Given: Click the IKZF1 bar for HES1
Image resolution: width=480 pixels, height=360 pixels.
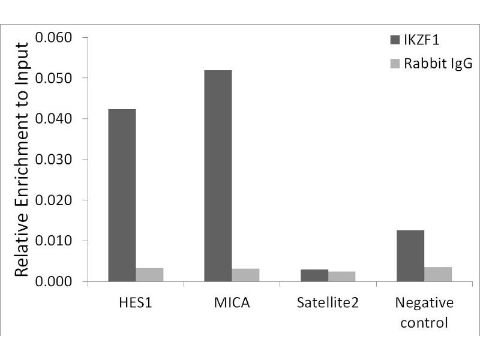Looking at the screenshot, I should click(x=122, y=195).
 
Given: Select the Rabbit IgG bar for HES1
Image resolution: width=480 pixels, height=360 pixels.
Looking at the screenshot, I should click(x=149, y=275).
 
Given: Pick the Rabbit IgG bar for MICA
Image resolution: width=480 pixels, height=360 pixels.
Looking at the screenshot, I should click(x=245, y=275).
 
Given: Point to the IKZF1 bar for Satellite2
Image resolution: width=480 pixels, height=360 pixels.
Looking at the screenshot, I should click(x=314, y=275).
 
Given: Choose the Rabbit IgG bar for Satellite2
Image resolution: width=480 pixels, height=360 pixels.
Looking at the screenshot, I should click(x=341, y=276).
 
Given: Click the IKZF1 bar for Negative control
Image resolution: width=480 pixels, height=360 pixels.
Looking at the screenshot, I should click(x=410, y=256).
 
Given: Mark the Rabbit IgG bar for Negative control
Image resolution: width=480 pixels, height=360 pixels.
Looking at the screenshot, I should click(x=437, y=274).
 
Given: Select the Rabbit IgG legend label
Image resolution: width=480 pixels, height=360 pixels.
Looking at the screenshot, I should click(x=438, y=63).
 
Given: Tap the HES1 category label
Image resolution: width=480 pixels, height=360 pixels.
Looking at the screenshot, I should click(x=136, y=302).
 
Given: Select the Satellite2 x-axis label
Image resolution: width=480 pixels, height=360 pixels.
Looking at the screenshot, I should click(x=328, y=302).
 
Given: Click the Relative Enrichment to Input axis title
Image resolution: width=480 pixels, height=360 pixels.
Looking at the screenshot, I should click(x=22, y=160).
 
